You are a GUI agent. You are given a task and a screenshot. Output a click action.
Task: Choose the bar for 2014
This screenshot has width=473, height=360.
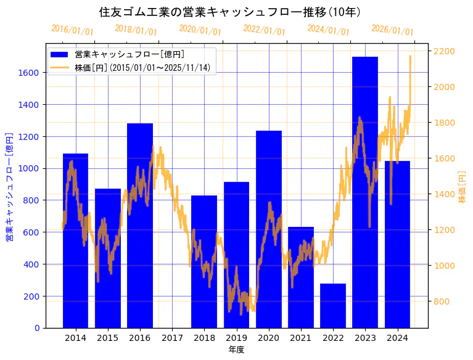pyautogui.click(x=75, y=240)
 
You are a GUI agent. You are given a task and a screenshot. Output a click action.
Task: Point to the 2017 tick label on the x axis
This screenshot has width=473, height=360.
pyautogui.click(x=172, y=338)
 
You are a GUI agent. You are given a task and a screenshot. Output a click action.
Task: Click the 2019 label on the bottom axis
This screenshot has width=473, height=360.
pyautogui.click(x=236, y=338)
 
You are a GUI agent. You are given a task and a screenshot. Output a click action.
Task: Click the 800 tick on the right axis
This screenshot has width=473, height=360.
pyautogui.click(x=442, y=301)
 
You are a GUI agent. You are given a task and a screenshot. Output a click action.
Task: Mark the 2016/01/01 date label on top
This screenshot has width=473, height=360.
pyautogui.click(x=73, y=30)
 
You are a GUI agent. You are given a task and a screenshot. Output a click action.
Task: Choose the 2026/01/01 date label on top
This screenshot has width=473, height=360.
pyautogui.click(x=393, y=30)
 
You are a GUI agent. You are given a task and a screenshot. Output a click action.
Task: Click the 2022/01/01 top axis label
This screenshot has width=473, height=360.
pyautogui.click(x=265, y=30)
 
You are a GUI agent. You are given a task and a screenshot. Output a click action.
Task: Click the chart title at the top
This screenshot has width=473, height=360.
pyautogui.click(x=230, y=12)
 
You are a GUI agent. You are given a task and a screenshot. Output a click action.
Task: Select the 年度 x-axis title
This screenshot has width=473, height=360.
pyautogui.click(x=236, y=350)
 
